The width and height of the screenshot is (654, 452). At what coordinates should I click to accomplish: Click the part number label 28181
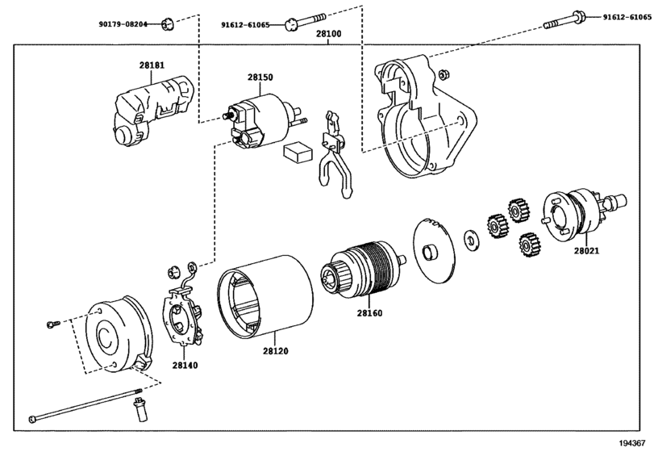tap(152, 65)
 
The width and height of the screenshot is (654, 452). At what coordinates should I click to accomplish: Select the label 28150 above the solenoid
tap(260, 77)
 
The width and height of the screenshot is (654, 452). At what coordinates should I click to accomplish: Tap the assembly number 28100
tap(328, 34)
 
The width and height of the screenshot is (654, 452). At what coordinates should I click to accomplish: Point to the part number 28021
tap(586, 251)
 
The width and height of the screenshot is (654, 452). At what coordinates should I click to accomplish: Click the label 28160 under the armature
tap(369, 313)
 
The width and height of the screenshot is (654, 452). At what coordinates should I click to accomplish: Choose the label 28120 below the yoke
tap(276, 351)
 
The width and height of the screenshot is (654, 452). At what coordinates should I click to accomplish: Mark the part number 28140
tap(185, 365)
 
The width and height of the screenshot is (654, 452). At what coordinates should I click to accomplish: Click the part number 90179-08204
tap(123, 24)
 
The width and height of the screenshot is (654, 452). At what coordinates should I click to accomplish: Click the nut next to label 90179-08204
tap(168, 25)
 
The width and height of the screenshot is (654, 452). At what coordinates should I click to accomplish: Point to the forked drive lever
tap(335, 155)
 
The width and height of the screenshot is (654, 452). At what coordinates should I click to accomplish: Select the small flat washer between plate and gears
tap(472, 240)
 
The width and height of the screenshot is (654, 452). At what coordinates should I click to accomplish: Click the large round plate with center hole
tap(433, 251)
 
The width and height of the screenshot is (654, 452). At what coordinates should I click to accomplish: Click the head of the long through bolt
tap(32, 419)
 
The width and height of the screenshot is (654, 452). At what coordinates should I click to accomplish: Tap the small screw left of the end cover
tap(53, 324)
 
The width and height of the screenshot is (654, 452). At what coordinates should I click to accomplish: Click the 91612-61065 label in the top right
tap(627, 17)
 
